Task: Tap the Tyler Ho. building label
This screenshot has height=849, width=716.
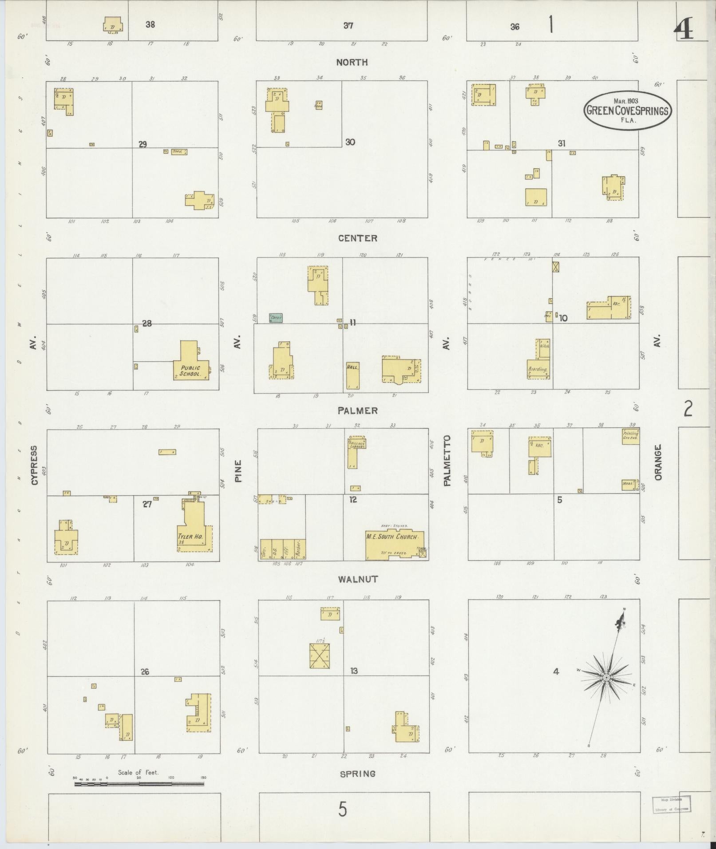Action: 190,537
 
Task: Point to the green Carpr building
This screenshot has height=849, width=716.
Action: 276,318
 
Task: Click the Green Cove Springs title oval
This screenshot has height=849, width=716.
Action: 627,111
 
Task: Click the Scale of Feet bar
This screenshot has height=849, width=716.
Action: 139,784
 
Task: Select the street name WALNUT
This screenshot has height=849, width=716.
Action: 358,579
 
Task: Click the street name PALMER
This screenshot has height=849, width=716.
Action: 358,411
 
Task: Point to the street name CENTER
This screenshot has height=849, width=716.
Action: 358,238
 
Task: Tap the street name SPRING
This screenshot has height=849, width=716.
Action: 358,774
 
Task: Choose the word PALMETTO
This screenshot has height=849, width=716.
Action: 447,460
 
